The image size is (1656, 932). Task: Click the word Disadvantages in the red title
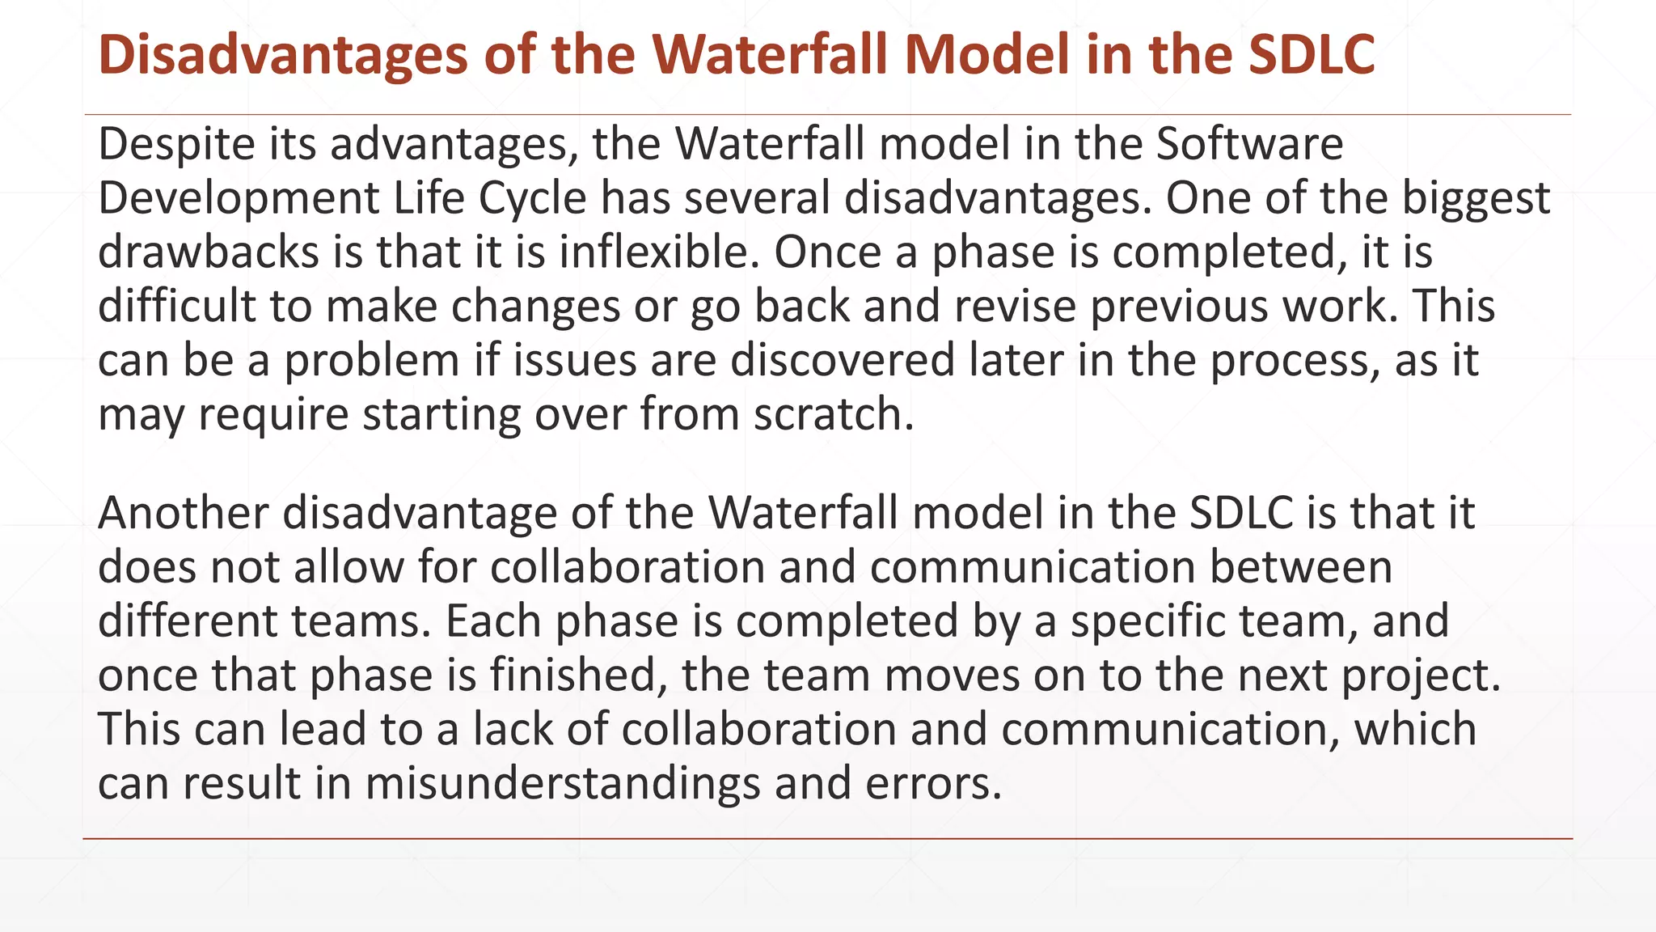tap(283, 55)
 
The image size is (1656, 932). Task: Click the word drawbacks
tap(209, 252)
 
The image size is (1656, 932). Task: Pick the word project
tap(1421, 676)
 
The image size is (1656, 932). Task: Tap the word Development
tap(239, 198)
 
